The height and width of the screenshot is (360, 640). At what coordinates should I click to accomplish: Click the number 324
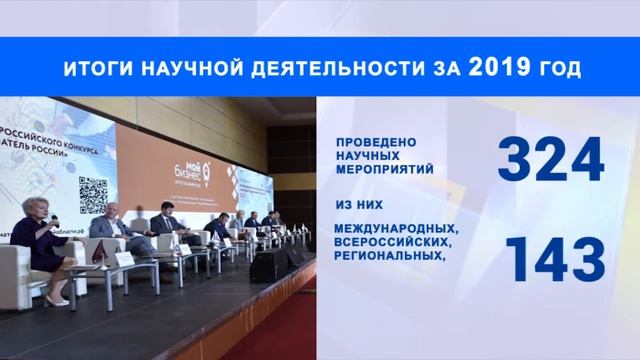[x=551, y=160]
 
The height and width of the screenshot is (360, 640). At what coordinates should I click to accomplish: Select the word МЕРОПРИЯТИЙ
[x=386, y=170]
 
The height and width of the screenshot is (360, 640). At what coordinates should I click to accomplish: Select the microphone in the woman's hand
[x=53, y=221]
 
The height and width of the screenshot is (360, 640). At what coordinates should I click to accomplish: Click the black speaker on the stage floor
[x=271, y=264]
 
